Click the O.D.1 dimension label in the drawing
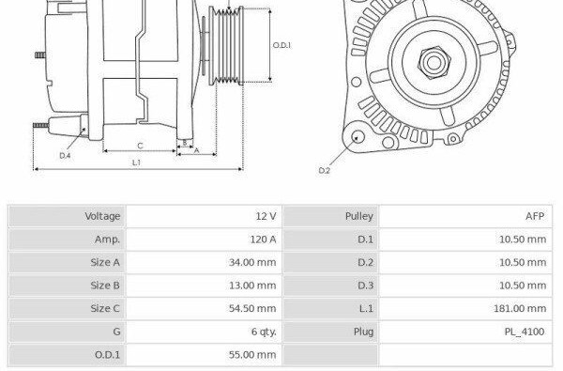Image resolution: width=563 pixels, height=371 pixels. point(281,45)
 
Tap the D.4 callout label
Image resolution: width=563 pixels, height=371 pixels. point(65,156)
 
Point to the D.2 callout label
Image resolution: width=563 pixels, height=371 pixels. point(324,170)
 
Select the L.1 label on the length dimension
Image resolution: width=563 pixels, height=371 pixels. point(136,162)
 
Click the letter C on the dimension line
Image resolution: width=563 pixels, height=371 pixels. point(140,146)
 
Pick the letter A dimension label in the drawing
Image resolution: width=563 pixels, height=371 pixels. point(196,150)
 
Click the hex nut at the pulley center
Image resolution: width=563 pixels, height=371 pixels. point(434,63)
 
